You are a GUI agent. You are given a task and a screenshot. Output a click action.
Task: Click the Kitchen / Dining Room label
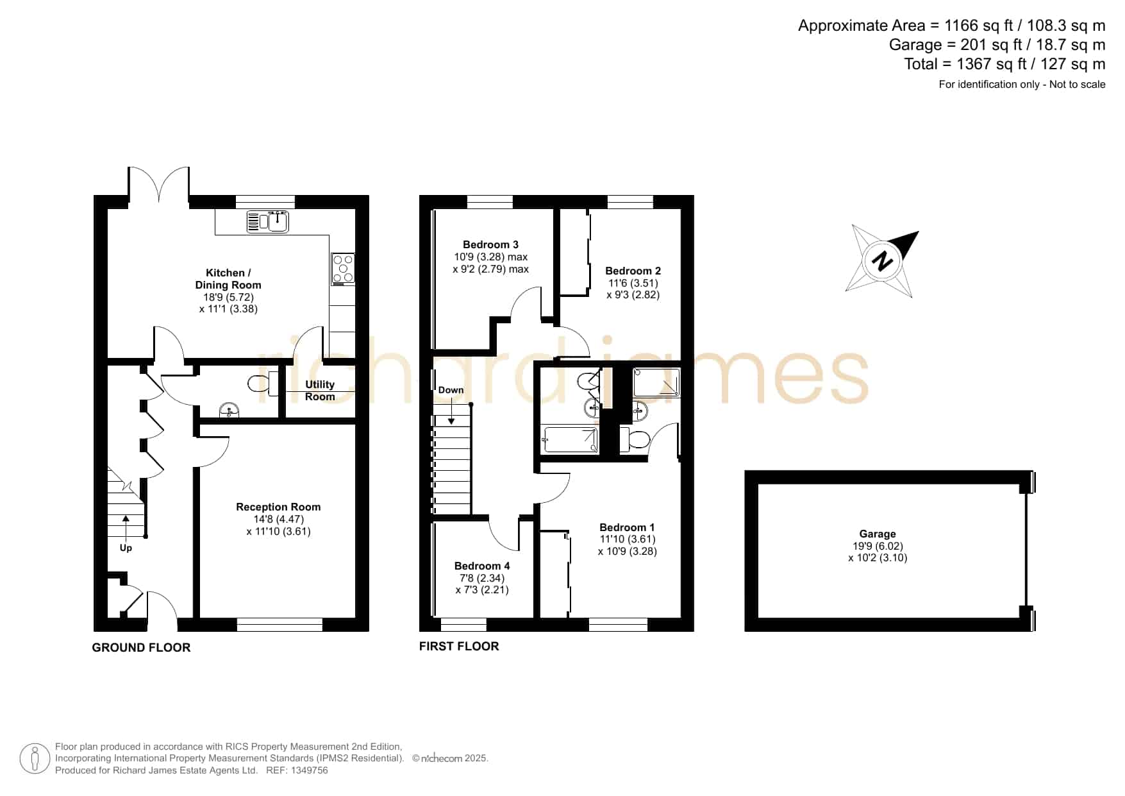[x=228, y=279]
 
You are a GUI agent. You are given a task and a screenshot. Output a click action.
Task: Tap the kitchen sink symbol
[x=268, y=221]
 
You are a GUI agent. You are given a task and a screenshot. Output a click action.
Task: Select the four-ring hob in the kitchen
[x=343, y=269]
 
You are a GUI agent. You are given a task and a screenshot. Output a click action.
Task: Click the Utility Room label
[x=320, y=391]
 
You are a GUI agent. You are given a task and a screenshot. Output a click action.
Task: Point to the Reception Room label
[x=278, y=507]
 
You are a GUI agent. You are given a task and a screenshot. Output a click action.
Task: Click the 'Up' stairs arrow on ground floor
[x=126, y=525]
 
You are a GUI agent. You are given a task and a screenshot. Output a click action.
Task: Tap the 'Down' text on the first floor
[x=451, y=390]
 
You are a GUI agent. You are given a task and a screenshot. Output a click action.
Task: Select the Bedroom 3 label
[x=490, y=244]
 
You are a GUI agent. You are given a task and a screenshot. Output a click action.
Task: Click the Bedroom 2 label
[x=633, y=271]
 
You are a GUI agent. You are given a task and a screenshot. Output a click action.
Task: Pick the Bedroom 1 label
[x=627, y=527]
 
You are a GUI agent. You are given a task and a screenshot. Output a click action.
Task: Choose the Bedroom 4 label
[x=482, y=566]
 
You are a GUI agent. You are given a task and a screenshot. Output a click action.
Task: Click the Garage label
[x=878, y=534]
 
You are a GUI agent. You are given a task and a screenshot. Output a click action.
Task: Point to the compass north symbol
[x=883, y=261]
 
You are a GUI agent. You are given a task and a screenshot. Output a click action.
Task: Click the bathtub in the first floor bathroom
[x=570, y=440]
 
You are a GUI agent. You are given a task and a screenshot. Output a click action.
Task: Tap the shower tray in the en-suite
[x=656, y=382]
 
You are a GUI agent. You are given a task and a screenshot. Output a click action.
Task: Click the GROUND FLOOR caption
[x=141, y=648]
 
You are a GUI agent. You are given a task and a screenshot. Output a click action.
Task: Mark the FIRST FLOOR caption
[x=459, y=647]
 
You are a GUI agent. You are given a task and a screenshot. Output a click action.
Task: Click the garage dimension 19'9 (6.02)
[x=878, y=546]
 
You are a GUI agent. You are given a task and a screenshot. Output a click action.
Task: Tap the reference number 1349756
[x=311, y=770]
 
